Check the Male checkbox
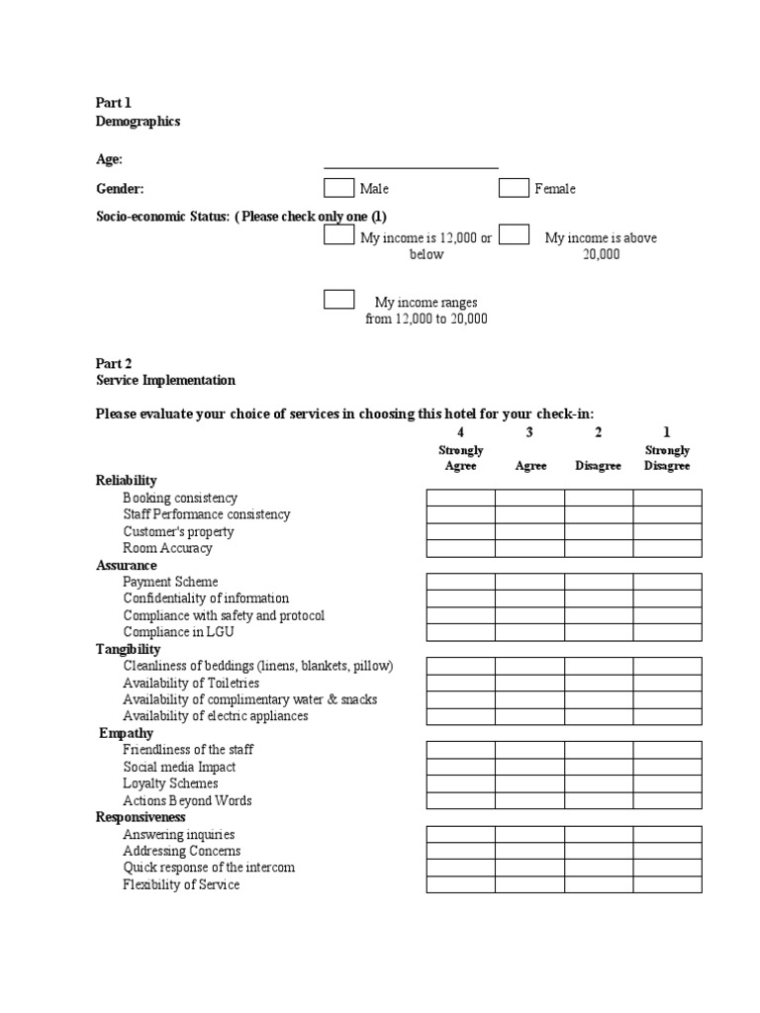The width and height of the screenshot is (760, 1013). pos(338,188)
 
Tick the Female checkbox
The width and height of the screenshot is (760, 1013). pos(514,188)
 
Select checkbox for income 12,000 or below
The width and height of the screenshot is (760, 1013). pos(338,235)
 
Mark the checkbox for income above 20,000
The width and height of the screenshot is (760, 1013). pos(514,235)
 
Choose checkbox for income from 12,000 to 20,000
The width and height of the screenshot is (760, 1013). pos(338,300)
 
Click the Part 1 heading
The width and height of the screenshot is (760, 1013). pos(113,103)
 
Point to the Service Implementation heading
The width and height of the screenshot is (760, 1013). pos(165,380)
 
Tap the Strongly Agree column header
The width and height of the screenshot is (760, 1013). pos(460,458)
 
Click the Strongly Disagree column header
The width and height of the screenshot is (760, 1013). pos(667,458)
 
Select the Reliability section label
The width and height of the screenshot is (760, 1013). pos(126,481)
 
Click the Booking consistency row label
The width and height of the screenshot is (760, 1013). pos(180,498)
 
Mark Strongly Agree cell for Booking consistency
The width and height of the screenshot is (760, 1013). pos(460,498)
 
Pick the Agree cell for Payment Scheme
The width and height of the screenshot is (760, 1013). pos(529,582)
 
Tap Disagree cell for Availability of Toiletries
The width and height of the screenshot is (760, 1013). pos(599,683)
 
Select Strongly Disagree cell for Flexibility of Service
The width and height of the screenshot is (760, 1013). pos(667,884)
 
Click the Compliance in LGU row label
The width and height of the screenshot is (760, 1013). pos(178,632)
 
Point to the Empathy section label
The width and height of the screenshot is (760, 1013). pos(127,733)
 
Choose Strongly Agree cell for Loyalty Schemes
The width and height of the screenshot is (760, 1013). pos(460,783)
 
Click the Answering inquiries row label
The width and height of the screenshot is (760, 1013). pos(179,834)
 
